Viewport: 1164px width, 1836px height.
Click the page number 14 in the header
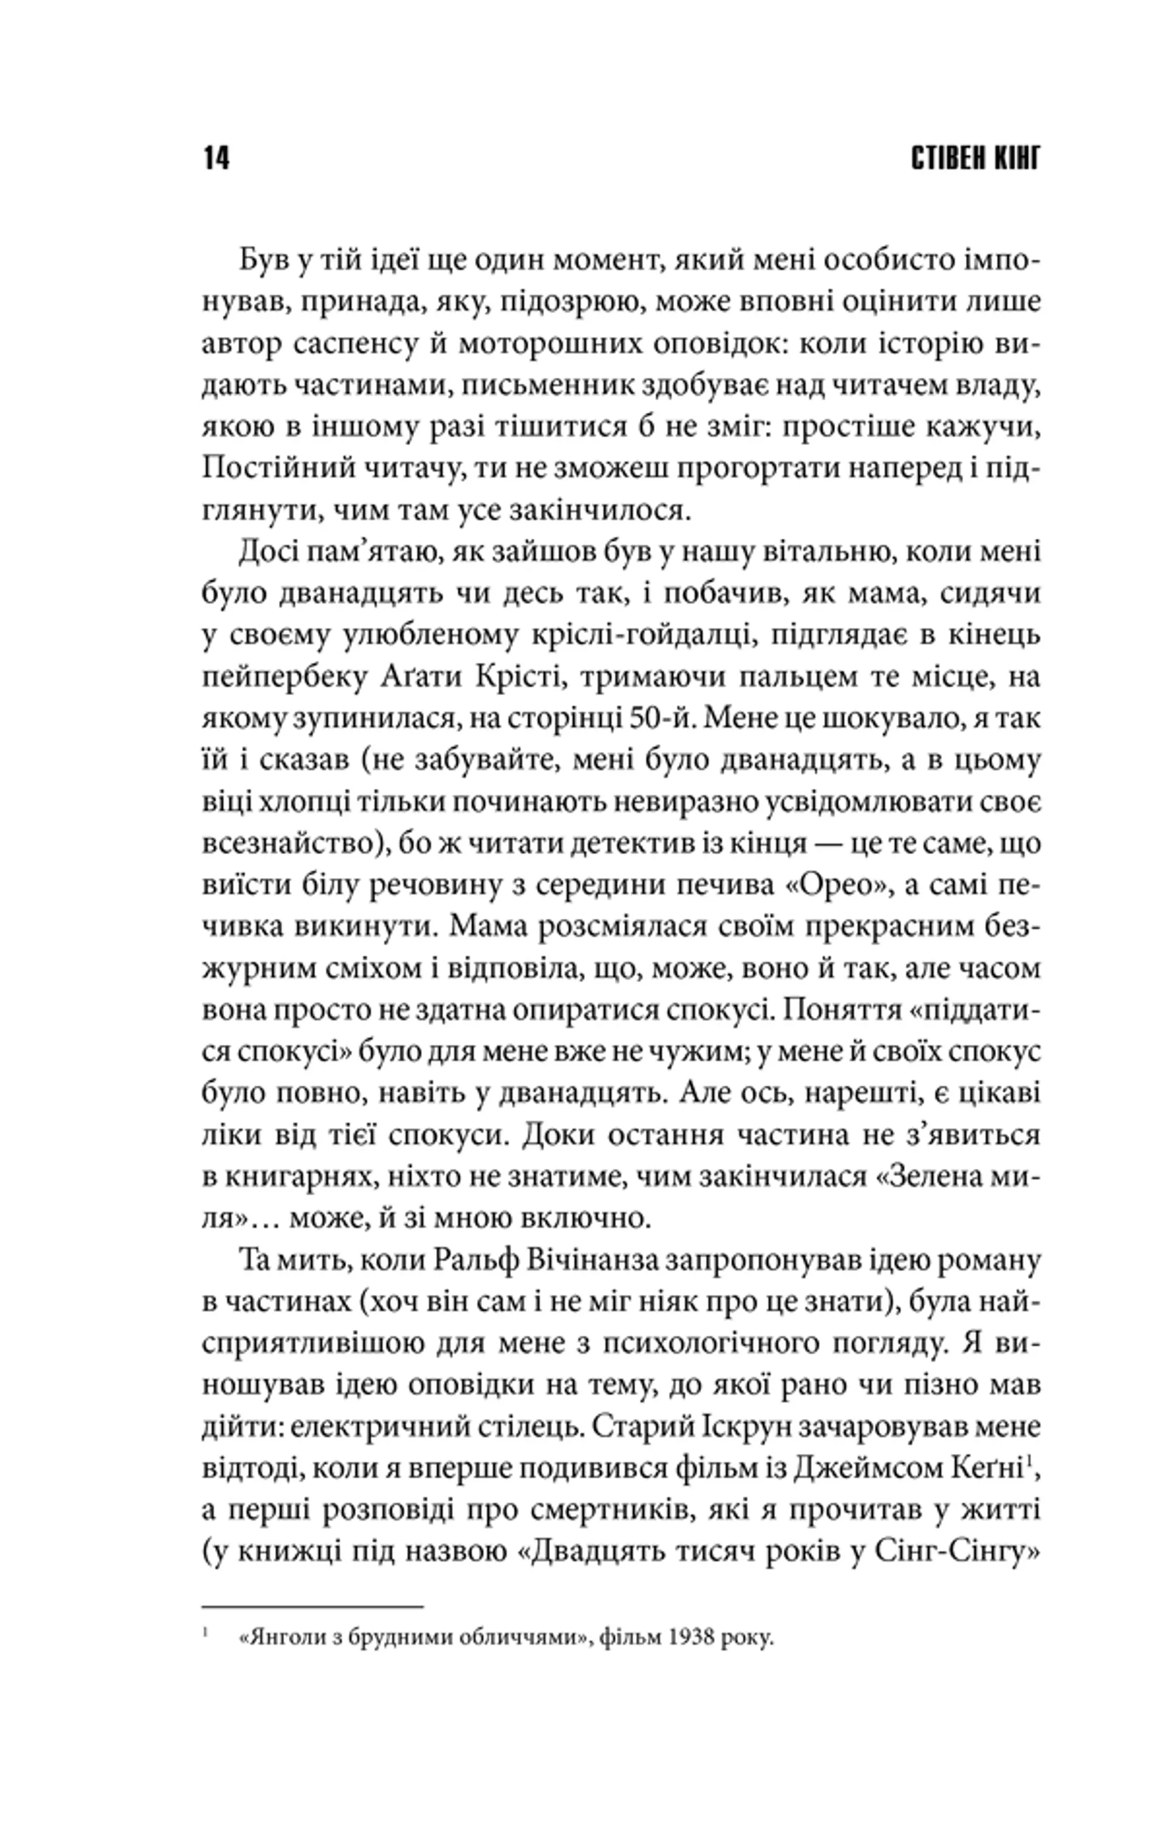tap(216, 159)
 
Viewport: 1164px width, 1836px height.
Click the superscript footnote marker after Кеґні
tap(1030, 1460)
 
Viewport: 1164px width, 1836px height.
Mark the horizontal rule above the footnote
tap(312, 1585)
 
